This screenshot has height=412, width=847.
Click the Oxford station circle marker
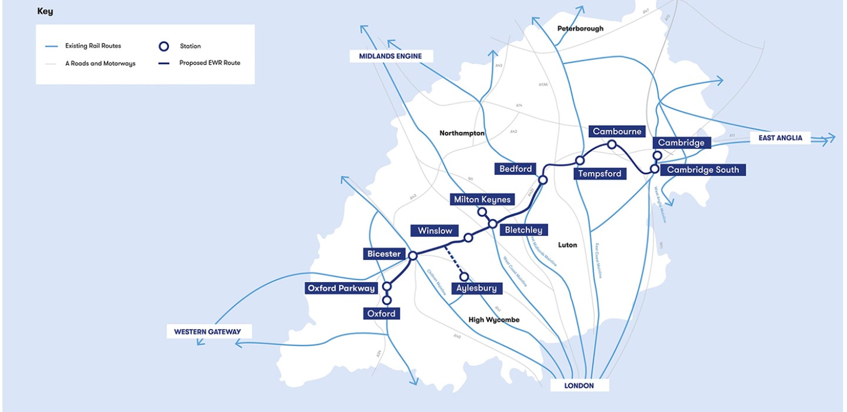pyautogui.click(x=387, y=300)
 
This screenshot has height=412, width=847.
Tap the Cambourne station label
pyautogui.click(x=617, y=131)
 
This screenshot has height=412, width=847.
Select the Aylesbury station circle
pyautogui.click(x=464, y=277)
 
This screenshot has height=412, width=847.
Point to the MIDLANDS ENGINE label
pyautogui.click(x=391, y=57)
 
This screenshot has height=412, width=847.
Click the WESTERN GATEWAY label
pyautogui.click(x=207, y=331)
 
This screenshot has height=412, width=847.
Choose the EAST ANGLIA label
pyautogui.click(x=780, y=138)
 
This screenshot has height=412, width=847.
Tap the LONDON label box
pyautogui.click(x=579, y=386)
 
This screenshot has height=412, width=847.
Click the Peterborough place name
pyautogui.click(x=580, y=28)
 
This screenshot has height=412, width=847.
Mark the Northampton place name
pyautogui.click(x=462, y=133)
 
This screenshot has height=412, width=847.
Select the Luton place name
pyautogui.click(x=568, y=244)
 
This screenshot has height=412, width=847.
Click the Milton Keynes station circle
pyautogui.click(x=482, y=212)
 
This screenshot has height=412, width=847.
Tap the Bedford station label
pyautogui.click(x=515, y=169)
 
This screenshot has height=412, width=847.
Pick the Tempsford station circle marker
pyautogui.click(x=580, y=160)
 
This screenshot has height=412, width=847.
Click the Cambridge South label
pyautogui.click(x=703, y=170)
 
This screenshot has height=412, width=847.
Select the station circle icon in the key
pyautogui.click(x=165, y=46)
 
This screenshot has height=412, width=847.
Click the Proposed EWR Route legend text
pyautogui.click(x=209, y=63)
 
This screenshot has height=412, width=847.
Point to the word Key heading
pyautogui.click(x=45, y=11)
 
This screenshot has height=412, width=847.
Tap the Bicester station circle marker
pyautogui.click(x=413, y=255)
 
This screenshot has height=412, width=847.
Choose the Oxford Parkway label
pyautogui.click(x=341, y=288)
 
